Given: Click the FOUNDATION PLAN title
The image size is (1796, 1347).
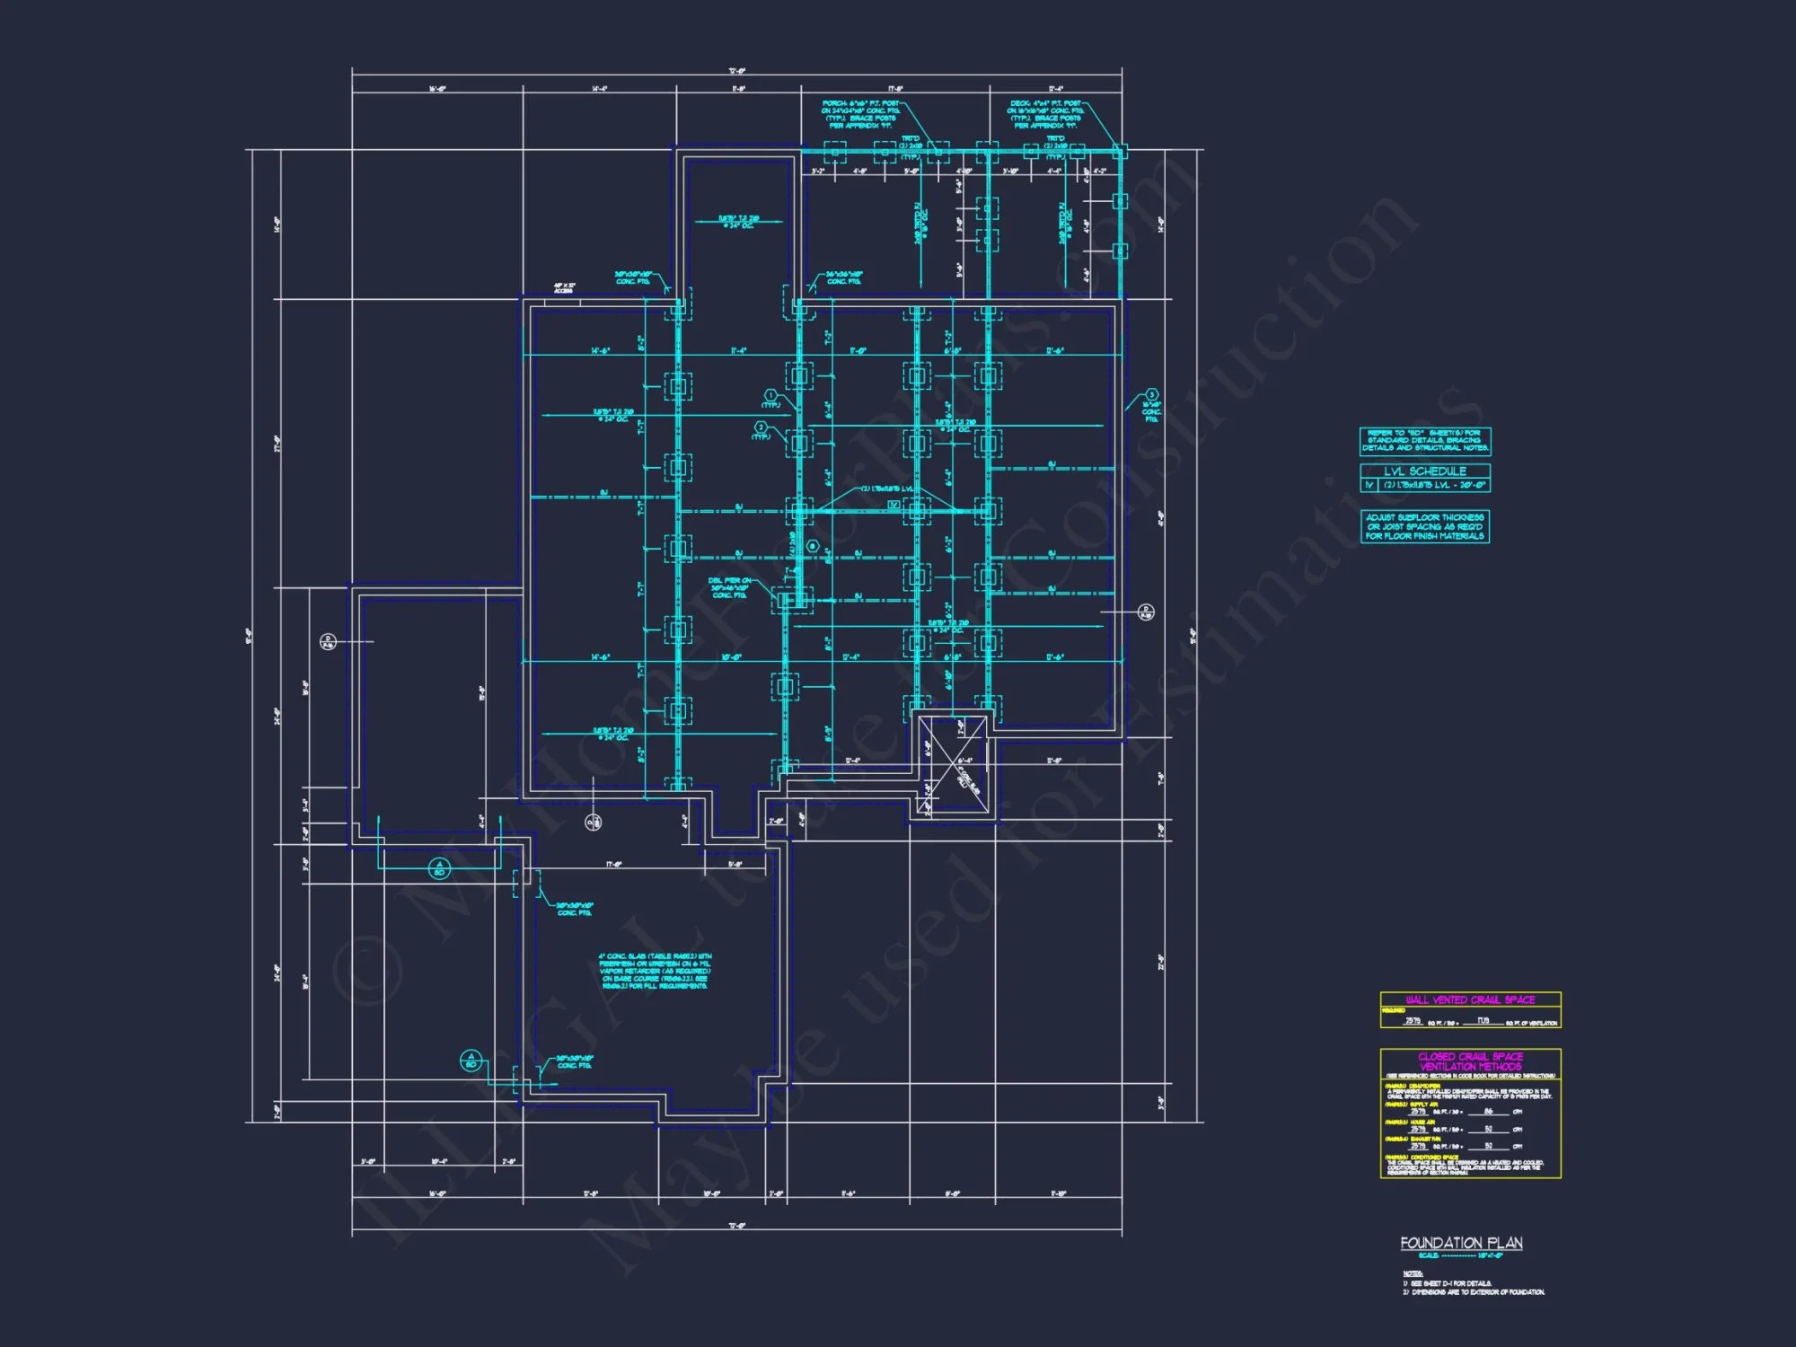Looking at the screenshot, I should point(1461,1243).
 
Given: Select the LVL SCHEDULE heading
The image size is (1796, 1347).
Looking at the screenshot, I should point(1425,471).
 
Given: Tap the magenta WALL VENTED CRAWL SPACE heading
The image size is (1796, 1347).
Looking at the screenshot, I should point(1470,999).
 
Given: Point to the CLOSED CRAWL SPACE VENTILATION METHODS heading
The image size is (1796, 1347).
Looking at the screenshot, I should point(1470,1061).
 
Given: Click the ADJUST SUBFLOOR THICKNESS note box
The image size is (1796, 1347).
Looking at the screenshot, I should point(1425,527).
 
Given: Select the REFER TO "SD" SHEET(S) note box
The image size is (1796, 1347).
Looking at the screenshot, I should point(1425,441).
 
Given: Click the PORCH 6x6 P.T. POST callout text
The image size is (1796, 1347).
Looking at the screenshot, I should point(860,115).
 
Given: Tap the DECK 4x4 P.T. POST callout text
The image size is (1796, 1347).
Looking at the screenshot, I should point(1045,115).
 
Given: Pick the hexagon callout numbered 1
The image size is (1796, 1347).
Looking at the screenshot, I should point(770,395).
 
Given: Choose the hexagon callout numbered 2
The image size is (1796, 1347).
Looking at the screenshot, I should point(761,427).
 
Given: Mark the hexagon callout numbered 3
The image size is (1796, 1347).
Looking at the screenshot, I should point(1151,395).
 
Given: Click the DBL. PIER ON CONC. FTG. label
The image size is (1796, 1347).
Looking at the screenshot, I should point(729,588).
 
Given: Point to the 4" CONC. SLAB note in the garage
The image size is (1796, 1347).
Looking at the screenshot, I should point(655,971).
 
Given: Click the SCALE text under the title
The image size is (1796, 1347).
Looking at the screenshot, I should point(1460,1255).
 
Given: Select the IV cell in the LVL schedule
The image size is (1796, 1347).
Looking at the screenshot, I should point(1369,485).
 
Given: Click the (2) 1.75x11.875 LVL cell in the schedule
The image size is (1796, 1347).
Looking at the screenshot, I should point(1434,485).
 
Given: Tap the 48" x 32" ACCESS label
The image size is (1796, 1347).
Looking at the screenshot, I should point(564,288).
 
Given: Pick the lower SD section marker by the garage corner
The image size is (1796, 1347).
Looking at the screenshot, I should point(471,1061).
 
